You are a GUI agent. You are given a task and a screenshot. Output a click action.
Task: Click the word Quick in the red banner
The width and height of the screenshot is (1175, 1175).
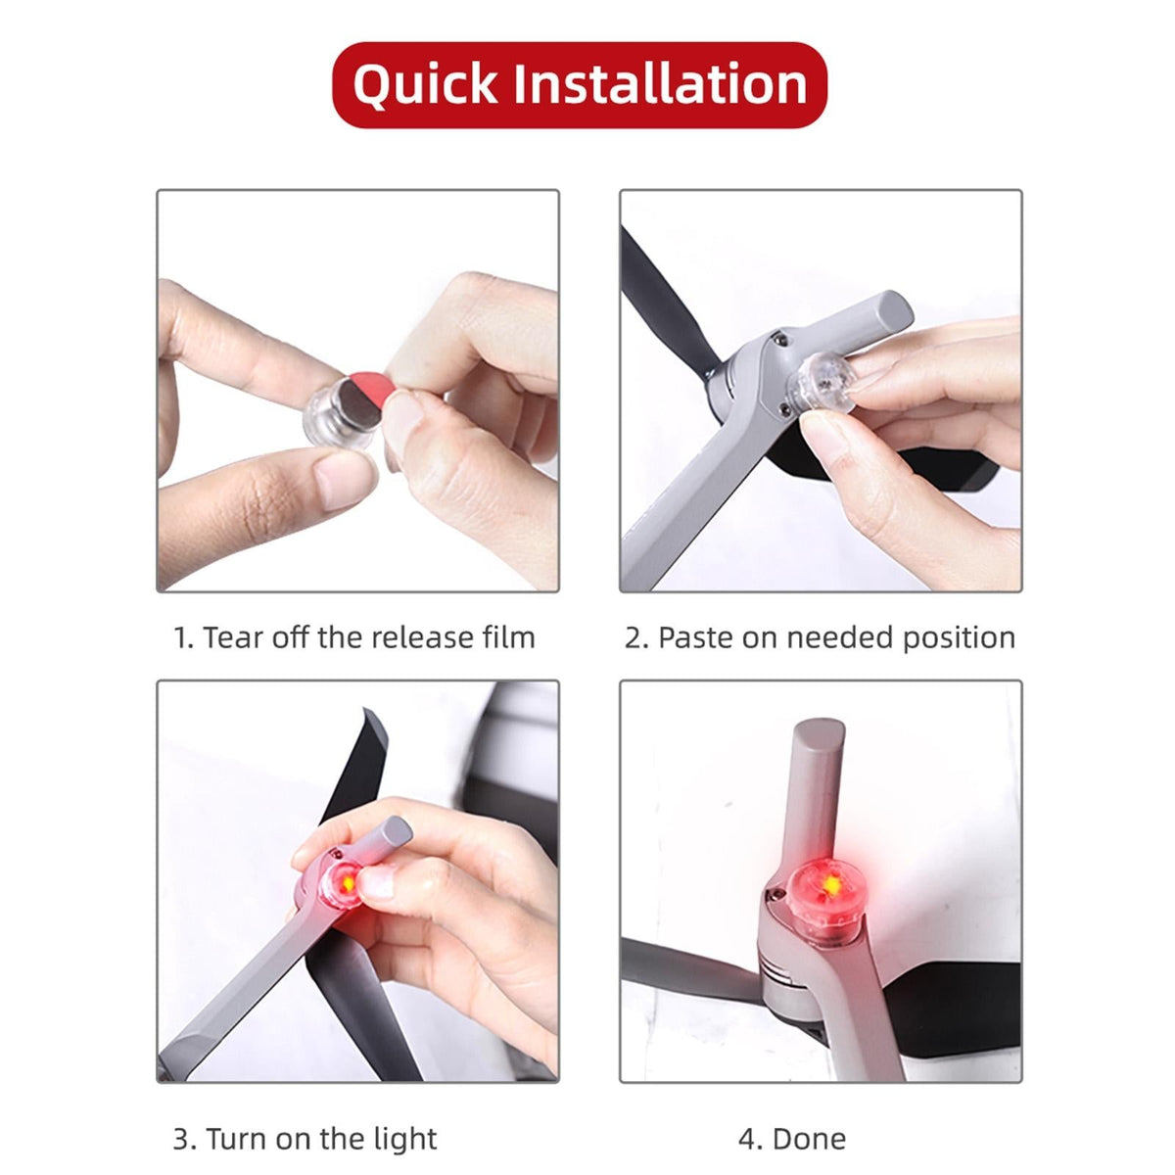(x=424, y=86)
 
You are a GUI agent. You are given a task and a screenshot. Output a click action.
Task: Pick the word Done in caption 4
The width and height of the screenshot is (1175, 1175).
(x=809, y=1122)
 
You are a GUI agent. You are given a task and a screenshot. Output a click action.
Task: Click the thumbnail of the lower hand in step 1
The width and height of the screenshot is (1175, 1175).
(x=346, y=479)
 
